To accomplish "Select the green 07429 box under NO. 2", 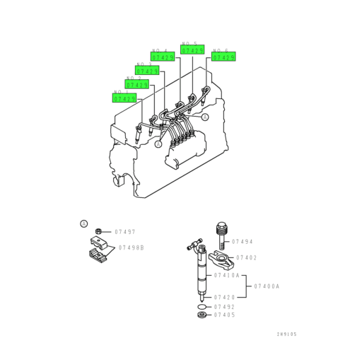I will click(137, 85).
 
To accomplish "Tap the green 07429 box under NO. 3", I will click(148, 71).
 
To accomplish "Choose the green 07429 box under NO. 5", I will click(192, 51).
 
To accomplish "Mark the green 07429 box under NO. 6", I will click(223, 56).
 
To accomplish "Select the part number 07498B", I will click(131, 247).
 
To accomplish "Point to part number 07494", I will click(242, 241).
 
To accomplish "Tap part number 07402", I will click(246, 257).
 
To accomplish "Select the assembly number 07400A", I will click(268, 286).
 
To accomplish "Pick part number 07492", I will click(225, 307).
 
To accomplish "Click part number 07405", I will click(225, 315).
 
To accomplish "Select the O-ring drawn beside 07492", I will click(203, 307).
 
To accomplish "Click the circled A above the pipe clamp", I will click(83, 224).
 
